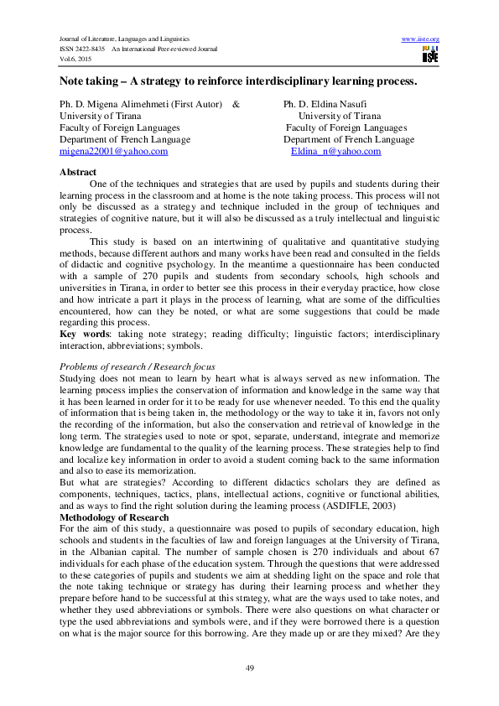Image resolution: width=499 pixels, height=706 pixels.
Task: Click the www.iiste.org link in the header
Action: point(421,39)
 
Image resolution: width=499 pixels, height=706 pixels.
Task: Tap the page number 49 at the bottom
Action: point(249,667)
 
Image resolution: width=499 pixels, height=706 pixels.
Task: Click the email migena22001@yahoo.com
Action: point(113,152)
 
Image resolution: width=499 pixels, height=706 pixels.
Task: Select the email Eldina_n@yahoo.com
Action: point(335,152)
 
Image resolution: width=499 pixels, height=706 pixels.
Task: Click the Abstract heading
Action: point(78,172)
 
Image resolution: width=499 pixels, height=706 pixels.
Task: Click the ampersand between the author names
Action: point(236,104)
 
